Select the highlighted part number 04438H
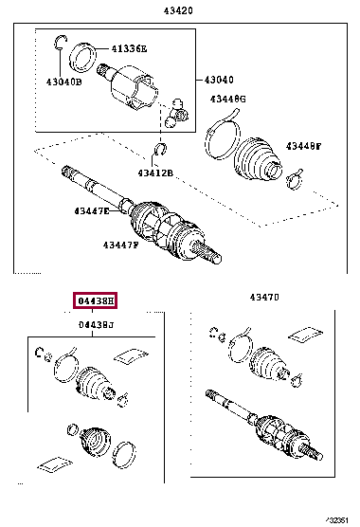(x=95, y=301)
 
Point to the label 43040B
(x=65, y=82)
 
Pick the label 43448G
(x=228, y=100)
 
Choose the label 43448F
(x=305, y=147)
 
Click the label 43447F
(x=120, y=245)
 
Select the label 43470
(x=264, y=297)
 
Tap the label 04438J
(x=95, y=326)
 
